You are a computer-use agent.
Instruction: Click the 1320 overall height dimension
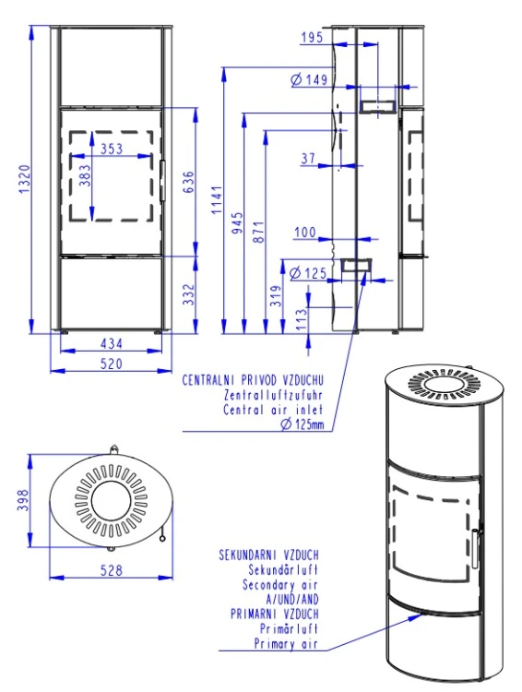coord(25,178)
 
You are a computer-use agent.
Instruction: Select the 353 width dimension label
coord(112,149)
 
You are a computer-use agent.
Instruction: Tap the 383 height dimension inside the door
coord(85,175)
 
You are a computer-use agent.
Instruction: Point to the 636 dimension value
coord(188,183)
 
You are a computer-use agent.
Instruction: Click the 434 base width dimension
coord(112,343)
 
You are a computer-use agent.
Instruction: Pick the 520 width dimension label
coord(112,364)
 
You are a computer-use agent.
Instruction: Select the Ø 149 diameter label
coord(309,79)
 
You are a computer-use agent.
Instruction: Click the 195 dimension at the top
coord(312,38)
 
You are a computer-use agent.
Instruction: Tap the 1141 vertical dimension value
coord(217,200)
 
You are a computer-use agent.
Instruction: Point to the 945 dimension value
coord(237,223)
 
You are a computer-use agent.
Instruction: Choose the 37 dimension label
coord(308,159)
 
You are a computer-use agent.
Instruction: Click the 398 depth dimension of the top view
coord(23,499)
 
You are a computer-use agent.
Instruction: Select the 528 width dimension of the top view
coord(112,570)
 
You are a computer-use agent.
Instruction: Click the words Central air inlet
coord(273,410)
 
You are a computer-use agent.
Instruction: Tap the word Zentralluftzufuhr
coord(274,395)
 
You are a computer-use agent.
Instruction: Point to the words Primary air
coord(286,643)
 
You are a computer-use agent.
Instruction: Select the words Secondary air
coord(280,585)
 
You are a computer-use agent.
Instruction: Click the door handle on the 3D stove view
coord(475,549)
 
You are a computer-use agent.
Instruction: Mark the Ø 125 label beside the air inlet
coord(308,273)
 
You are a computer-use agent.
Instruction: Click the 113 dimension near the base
coord(302,319)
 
